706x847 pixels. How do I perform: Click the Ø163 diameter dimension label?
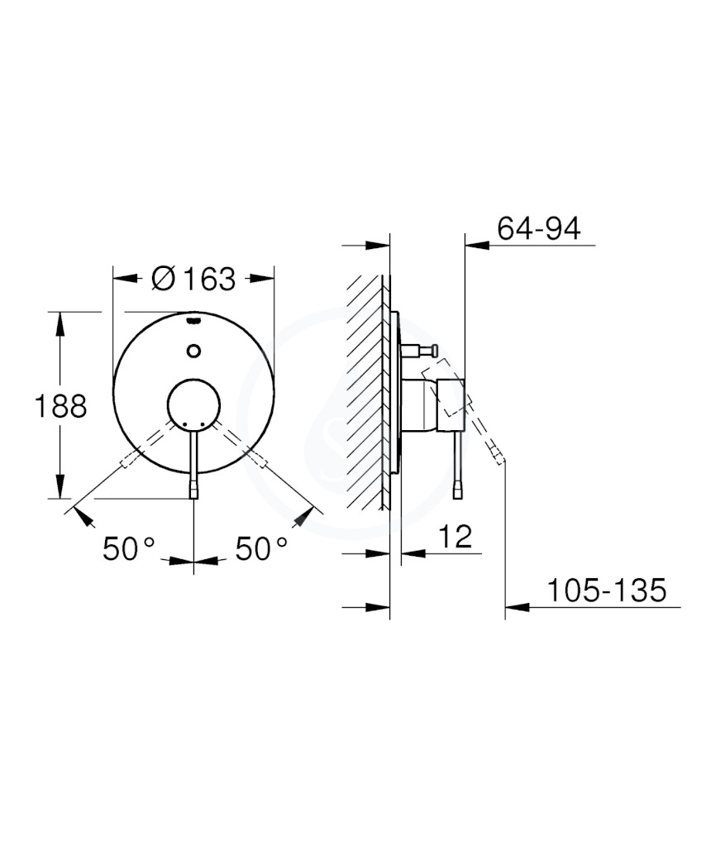click(x=193, y=280)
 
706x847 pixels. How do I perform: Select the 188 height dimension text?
click(x=60, y=405)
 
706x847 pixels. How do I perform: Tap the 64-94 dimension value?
click(x=539, y=228)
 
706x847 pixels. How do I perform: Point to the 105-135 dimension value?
click(x=608, y=590)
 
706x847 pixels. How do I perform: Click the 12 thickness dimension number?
click(x=455, y=536)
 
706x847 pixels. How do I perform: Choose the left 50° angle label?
click(x=129, y=549)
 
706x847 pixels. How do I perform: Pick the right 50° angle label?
click(x=261, y=549)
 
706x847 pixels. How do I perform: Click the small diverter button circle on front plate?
click(x=193, y=351)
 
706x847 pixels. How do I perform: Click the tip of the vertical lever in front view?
click(x=193, y=491)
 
